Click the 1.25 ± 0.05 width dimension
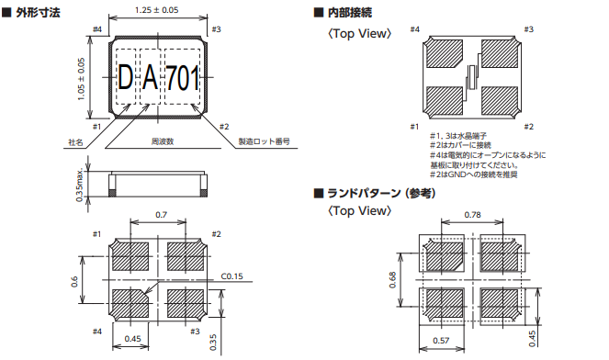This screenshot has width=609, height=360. (156, 10)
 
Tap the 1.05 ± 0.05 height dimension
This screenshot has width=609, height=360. (81, 79)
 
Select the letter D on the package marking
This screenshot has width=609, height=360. (126, 78)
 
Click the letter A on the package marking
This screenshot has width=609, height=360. (150, 78)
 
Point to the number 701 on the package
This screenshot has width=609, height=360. (183, 78)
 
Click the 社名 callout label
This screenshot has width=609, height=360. (75, 142)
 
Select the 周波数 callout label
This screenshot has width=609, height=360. (163, 141)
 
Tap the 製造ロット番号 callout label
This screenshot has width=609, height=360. (265, 141)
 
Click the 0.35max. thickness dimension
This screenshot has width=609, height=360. (80, 185)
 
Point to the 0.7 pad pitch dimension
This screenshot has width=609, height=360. (161, 214)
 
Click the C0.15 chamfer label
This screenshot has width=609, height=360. (231, 276)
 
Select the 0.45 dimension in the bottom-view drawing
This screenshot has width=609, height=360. (132, 339)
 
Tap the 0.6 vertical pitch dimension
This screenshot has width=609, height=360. (74, 282)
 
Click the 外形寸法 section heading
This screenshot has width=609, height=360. (38, 13)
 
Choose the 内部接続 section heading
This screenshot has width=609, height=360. (350, 13)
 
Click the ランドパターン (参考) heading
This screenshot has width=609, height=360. (381, 193)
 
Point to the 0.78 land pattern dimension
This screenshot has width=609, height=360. (472, 214)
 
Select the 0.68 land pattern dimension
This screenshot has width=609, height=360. (392, 279)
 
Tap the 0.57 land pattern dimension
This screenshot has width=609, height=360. (441, 341)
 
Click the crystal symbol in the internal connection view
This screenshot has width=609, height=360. (472, 77)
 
